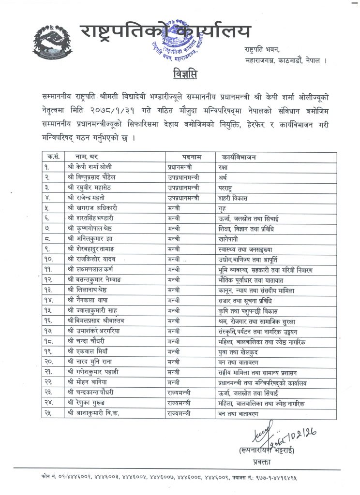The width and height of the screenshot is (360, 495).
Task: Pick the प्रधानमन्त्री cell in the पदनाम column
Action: [x=182, y=167]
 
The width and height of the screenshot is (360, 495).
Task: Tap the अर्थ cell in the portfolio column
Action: [x=223, y=177]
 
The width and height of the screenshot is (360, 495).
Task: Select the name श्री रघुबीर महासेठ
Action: [x=93, y=187]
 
